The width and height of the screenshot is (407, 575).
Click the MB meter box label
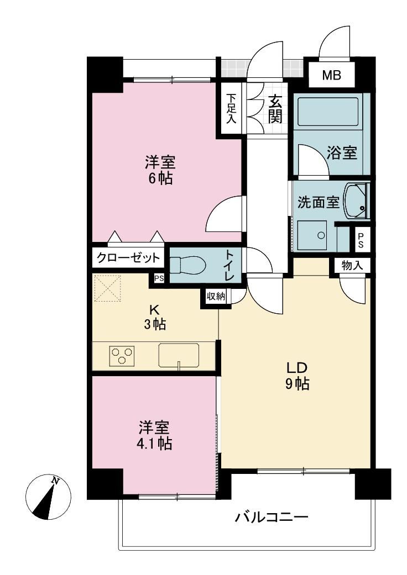pos(331,75)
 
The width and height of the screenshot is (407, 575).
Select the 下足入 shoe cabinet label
pos(231,109)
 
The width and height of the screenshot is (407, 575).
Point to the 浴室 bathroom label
pos(342,152)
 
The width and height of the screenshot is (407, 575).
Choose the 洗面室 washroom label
pos(318,202)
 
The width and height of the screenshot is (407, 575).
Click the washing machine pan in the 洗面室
pos(312,235)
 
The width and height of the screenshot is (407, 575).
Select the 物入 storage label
pos(352,266)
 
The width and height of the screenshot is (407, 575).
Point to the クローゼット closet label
pos(128,258)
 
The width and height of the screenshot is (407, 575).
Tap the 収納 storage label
pos(216,296)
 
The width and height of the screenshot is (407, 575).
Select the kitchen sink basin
pos(179,355)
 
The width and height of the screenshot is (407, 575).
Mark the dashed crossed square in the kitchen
pos(108,288)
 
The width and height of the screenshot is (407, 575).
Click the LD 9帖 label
pos(296,375)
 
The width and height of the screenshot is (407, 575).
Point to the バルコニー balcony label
pos(272,518)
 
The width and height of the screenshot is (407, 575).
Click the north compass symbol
pos(49,497)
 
